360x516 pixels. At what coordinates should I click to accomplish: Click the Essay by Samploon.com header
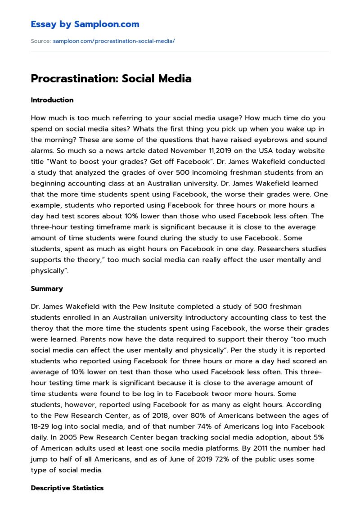(85, 24)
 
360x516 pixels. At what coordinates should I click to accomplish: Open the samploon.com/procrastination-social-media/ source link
(113, 41)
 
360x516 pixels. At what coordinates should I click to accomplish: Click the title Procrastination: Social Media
(111, 78)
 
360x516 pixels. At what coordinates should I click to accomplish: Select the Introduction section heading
(52, 100)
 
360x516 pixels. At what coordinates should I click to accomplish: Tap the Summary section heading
(47, 289)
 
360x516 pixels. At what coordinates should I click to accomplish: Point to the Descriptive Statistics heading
(67, 488)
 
